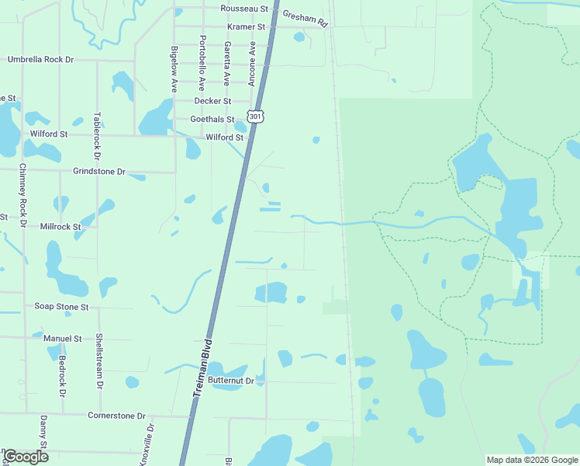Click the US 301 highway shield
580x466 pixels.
tap(256, 115)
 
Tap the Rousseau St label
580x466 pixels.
tap(243, 9)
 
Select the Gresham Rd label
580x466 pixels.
tap(306, 19)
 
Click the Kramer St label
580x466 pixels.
tap(246, 26)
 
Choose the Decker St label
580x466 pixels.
tap(212, 101)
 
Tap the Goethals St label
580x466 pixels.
tap(212, 119)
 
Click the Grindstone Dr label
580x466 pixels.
tap(99, 171)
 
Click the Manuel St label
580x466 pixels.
tap(62, 339)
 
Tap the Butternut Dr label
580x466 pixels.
tap(231, 381)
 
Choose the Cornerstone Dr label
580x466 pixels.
tap(116, 416)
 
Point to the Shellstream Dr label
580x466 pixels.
tap(98, 360)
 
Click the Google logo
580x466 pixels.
tap(26, 456)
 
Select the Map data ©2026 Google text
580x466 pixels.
tap(532, 460)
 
